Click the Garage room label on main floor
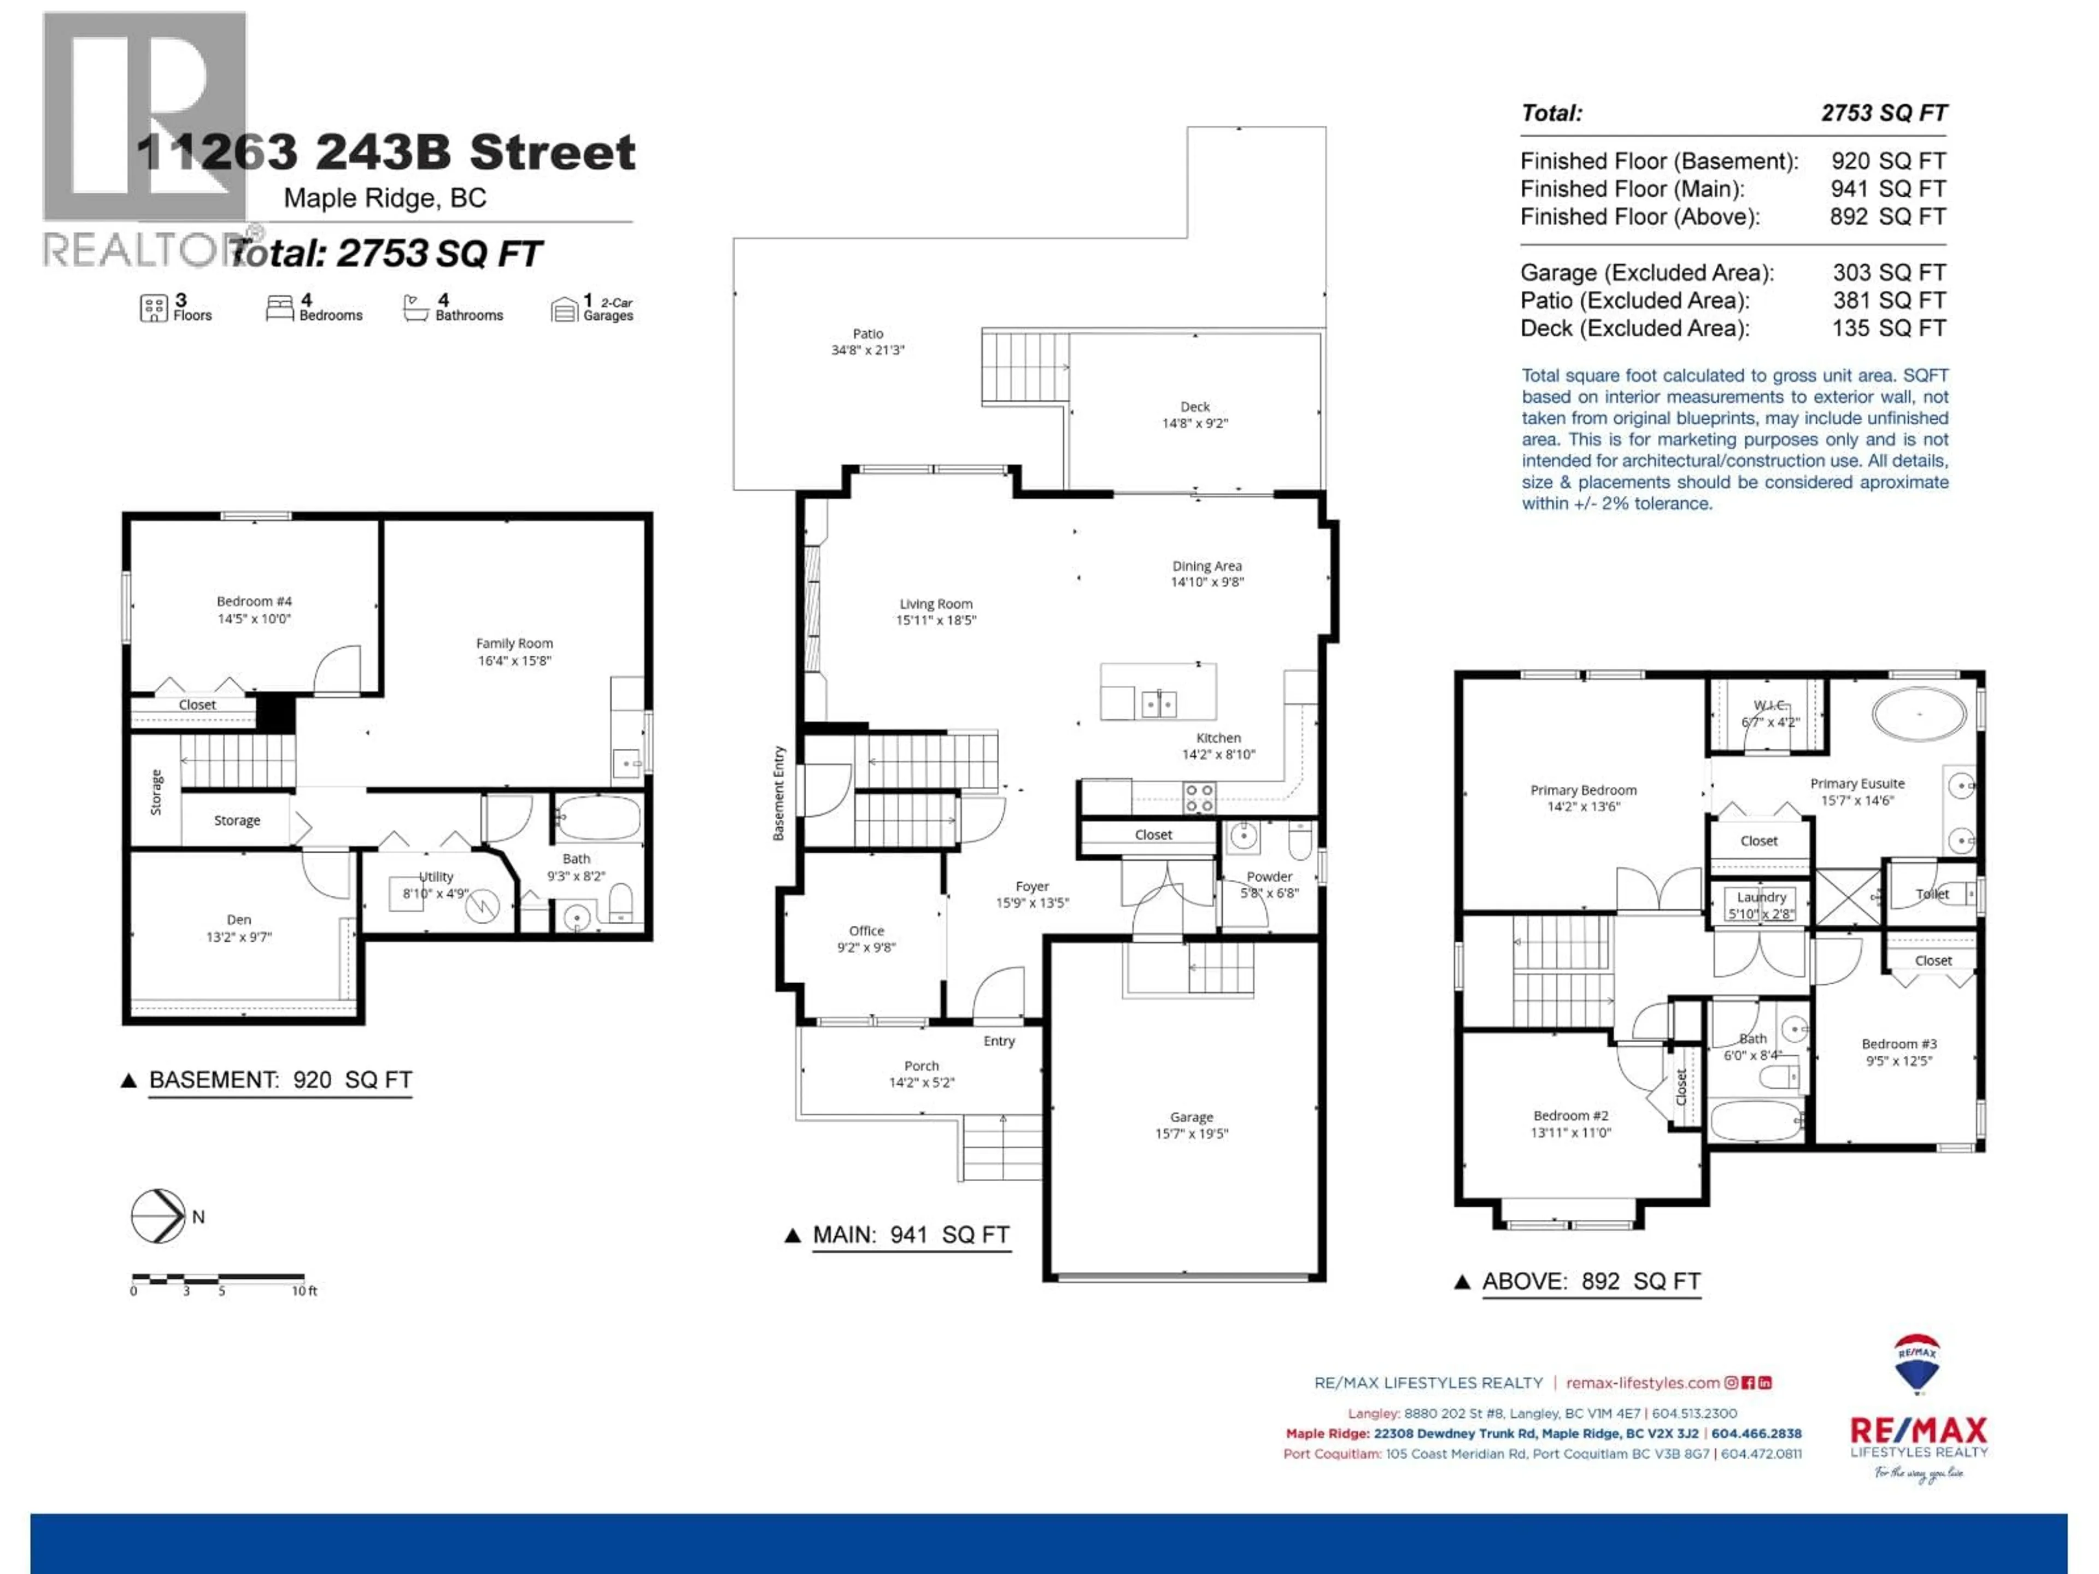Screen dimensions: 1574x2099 pos(1191,1124)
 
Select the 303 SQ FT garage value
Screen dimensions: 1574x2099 pos(1889,272)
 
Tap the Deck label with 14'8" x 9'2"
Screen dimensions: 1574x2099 pos(1195,415)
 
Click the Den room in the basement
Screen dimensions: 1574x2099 pos(239,927)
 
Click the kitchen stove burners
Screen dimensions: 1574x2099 pos(1199,797)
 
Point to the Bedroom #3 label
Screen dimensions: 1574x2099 pos(1899,1051)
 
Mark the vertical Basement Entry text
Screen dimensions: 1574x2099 pos(779,793)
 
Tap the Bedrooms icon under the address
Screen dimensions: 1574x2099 pos(279,307)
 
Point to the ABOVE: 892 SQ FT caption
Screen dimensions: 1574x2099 pos(1591,1281)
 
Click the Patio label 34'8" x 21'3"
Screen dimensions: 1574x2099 pos(867,342)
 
